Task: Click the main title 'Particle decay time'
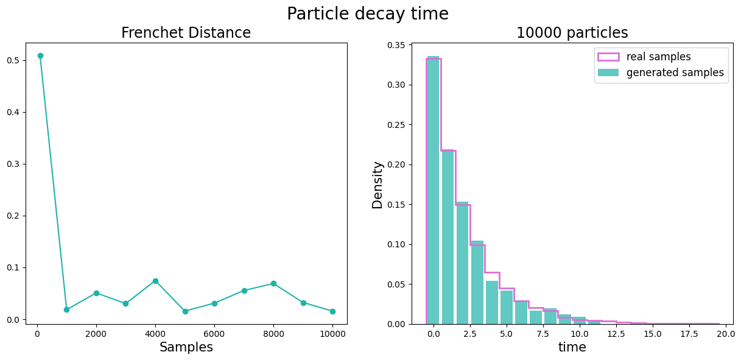[368, 13]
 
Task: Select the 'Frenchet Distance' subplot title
[186, 33]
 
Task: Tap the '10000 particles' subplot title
[572, 33]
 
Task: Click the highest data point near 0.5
[40, 55]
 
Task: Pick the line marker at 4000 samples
[155, 281]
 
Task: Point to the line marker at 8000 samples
[273, 283]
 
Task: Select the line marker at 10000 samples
[332, 311]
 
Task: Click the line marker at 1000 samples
[66, 309]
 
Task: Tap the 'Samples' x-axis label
[186, 347]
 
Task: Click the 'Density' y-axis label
[378, 185]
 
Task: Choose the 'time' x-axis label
[572, 347]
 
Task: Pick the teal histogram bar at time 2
[462, 263]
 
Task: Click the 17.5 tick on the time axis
[689, 334]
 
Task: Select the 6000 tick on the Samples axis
[214, 334]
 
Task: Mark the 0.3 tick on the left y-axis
[13, 164]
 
